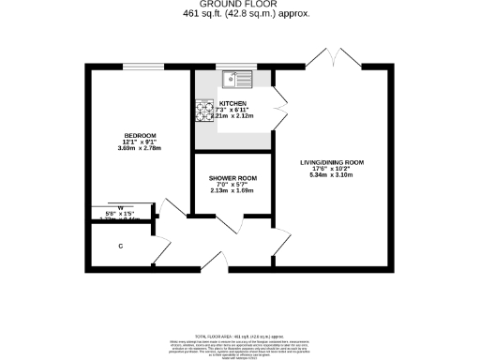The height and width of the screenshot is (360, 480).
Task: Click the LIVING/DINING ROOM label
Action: pyautogui.click(x=331, y=162)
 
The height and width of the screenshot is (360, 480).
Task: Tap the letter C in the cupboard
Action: pyautogui.click(x=121, y=247)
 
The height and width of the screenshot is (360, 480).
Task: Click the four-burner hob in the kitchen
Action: pyautogui.click(x=205, y=111)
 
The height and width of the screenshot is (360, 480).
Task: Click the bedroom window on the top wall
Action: pyautogui.click(x=142, y=67)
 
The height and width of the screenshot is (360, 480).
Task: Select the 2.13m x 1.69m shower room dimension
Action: pyautogui.click(x=231, y=192)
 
